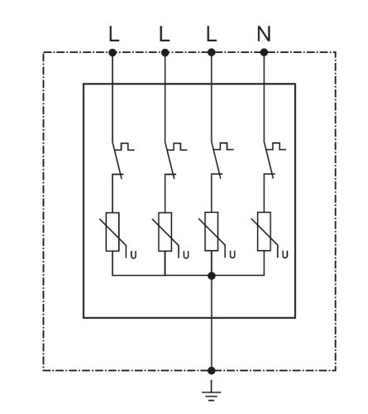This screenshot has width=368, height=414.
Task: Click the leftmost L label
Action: [x=114, y=34]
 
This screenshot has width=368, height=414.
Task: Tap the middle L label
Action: [x=165, y=34]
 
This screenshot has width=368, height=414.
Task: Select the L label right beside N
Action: [x=212, y=34]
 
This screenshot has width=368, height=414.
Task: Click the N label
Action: [x=264, y=34]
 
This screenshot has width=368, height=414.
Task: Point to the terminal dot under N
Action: [x=264, y=52]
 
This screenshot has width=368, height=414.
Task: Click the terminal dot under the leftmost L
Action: [x=112, y=52]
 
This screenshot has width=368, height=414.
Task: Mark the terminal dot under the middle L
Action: [x=165, y=52]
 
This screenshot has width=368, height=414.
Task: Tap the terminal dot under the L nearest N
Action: [x=212, y=52]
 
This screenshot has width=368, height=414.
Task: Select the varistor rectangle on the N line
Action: [x=264, y=231]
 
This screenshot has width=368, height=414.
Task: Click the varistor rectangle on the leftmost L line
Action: [x=112, y=232]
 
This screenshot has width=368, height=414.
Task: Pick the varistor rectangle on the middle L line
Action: [x=165, y=232]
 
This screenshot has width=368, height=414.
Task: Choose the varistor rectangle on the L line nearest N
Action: [x=212, y=231]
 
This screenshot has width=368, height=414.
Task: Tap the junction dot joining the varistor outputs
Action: [x=212, y=276]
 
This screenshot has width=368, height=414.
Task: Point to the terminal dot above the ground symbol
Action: [x=212, y=370]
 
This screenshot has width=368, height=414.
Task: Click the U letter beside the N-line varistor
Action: [x=285, y=254]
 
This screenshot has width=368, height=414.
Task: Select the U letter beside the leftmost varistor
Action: [x=133, y=255]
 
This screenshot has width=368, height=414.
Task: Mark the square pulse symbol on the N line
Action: [x=276, y=147]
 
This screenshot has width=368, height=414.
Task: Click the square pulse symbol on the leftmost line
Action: [x=125, y=147]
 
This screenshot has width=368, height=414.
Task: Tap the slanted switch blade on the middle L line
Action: [x=170, y=160]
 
